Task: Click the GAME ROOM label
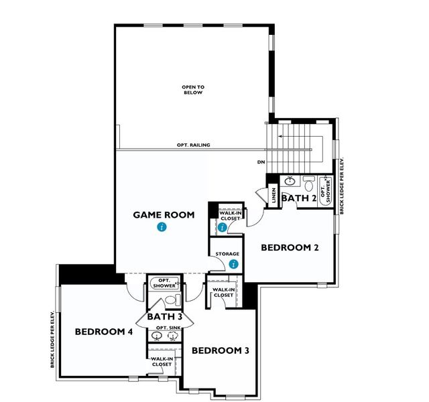pyautogui.click(x=164, y=215)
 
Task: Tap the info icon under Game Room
pyautogui.click(x=161, y=228)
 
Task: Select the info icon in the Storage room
pyautogui.click(x=233, y=264)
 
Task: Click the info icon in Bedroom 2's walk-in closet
pyautogui.click(x=222, y=226)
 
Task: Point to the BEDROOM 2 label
pyautogui.click(x=290, y=247)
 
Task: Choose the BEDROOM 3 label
pyautogui.click(x=221, y=350)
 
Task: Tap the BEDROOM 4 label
pyautogui.click(x=104, y=331)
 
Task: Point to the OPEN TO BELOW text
pyautogui.click(x=192, y=90)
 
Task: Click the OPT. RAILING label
pyautogui.click(x=194, y=145)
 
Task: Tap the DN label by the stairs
pyautogui.click(x=261, y=163)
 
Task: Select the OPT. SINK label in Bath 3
pyautogui.click(x=165, y=328)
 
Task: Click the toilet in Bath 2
pyautogui.click(x=308, y=181)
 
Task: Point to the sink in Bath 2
pyautogui.click(x=290, y=180)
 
